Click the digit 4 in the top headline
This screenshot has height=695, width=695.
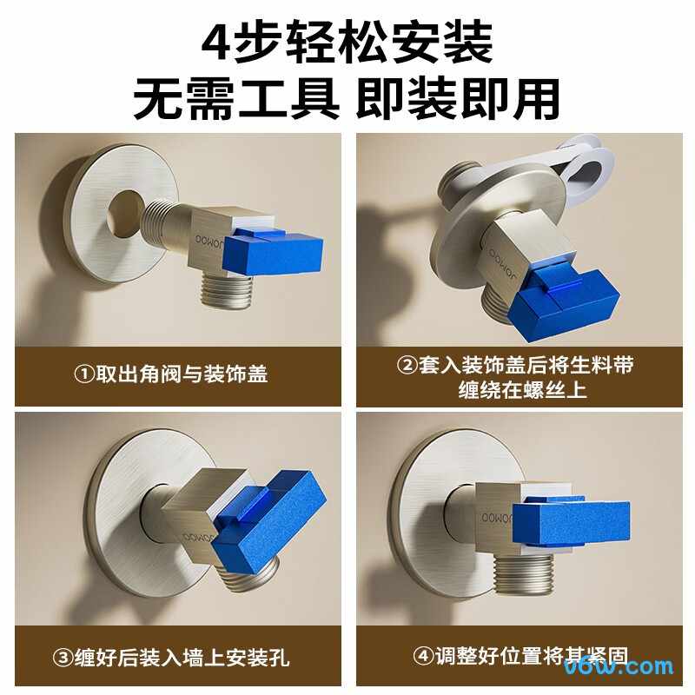pos(217,43)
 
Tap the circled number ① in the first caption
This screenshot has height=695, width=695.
pos(84,374)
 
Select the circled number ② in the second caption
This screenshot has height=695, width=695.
pos(407,365)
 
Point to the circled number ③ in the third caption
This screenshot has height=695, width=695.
pos(63,657)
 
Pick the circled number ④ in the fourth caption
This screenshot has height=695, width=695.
pos(423,655)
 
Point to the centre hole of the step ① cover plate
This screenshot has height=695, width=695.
pos(125,213)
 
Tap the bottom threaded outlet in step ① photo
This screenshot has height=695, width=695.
pos(227,291)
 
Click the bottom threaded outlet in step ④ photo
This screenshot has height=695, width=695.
pos(524,574)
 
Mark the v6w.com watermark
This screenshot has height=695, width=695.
pos(618,667)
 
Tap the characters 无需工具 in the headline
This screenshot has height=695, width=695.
pos(236,99)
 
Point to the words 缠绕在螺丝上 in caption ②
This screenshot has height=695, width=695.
pos(523,389)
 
